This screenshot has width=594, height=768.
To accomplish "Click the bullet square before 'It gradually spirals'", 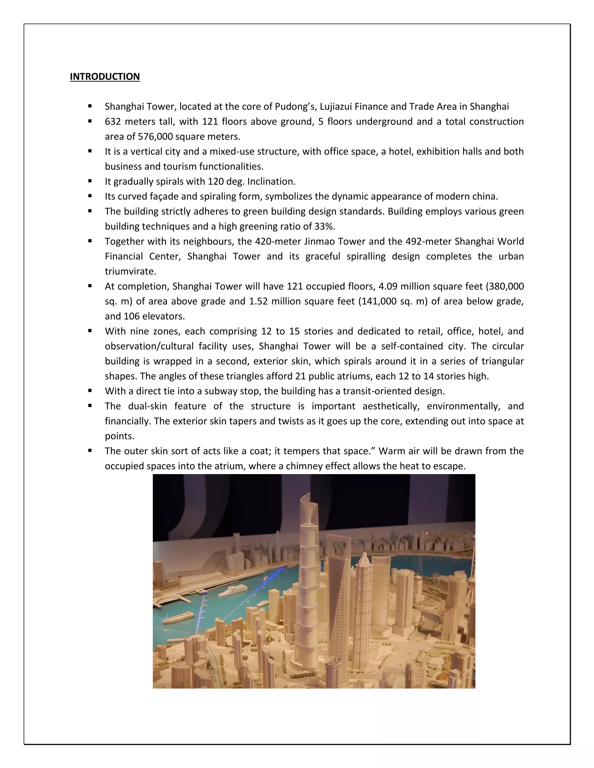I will [x=90, y=181].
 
